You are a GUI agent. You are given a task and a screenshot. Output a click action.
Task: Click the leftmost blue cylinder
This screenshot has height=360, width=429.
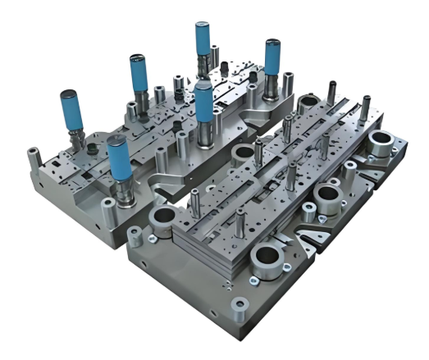(x=71, y=112)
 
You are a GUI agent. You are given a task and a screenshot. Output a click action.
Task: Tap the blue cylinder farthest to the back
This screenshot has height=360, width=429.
(x=203, y=40)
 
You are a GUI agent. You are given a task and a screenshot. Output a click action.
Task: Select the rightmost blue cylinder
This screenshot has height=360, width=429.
(x=272, y=58)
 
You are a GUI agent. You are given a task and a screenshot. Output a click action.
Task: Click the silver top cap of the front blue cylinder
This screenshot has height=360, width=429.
(x=118, y=141)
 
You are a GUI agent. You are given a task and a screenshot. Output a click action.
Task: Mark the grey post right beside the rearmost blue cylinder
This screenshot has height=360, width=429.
(x=215, y=58)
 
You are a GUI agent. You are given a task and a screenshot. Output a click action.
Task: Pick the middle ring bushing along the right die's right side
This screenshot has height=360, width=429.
(x=328, y=196)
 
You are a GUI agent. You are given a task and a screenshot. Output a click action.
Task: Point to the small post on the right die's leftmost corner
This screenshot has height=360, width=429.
(x=151, y=239)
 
